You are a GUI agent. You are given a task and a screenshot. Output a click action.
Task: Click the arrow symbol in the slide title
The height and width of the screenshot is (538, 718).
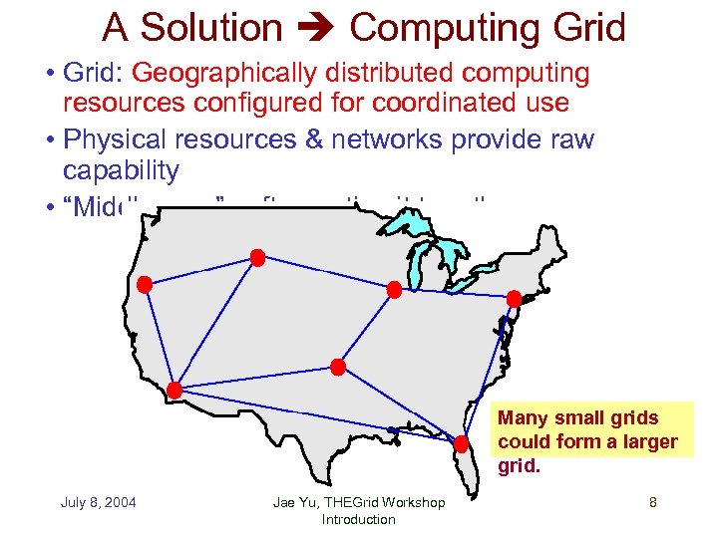tap(316, 28)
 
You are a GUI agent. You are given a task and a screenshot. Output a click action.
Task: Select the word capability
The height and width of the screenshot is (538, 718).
tap(121, 170)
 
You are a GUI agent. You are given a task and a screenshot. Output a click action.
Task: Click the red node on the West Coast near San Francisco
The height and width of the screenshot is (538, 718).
tap(145, 285)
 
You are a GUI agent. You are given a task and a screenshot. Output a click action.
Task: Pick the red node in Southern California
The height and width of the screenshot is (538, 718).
tap(176, 390)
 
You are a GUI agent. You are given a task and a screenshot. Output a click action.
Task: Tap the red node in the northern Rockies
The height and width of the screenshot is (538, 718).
tap(257, 258)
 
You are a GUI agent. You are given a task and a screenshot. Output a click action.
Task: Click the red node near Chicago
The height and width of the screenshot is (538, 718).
tap(394, 290)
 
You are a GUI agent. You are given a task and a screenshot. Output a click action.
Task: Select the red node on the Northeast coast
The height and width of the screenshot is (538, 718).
tap(514, 298)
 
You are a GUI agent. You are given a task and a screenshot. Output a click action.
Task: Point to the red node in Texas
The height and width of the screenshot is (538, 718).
tap(338, 367)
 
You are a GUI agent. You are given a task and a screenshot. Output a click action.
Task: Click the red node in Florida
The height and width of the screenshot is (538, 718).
tap(463, 443)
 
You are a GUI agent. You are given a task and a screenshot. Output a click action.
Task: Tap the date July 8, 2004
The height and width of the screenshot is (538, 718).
tap(99, 502)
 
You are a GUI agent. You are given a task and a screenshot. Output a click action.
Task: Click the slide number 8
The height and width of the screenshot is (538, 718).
tap(652, 502)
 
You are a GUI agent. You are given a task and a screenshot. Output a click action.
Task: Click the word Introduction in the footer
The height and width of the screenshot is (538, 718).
tap(358, 519)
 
